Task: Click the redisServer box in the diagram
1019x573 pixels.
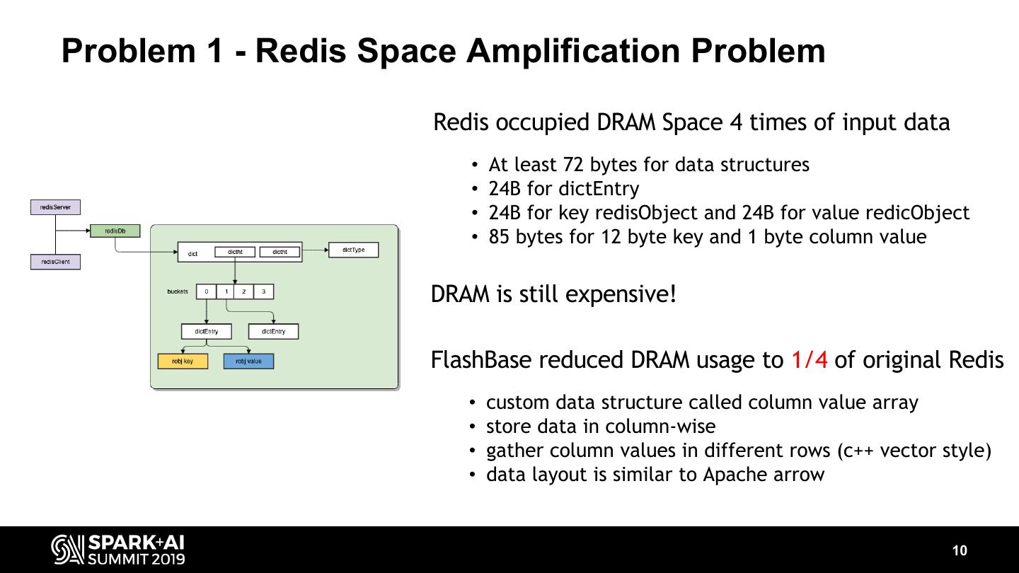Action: (x=55, y=207)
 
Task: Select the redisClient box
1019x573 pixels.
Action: (x=55, y=262)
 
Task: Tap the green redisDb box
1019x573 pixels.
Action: (x=115, y=231)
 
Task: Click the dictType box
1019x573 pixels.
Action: (x=353, y=250)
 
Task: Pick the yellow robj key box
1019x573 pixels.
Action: (x=183, y=361)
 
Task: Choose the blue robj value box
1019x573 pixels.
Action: (x=248, y=361)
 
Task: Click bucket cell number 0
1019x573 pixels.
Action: (x=206, y=291)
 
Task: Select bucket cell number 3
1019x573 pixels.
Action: (x=263, y=291)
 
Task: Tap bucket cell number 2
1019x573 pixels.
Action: (x=244, y=291)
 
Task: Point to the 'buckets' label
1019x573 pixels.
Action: (x=178, y=291)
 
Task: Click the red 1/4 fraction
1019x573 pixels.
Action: (x=809, y=360)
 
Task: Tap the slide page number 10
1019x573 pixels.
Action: (x=960, y=551)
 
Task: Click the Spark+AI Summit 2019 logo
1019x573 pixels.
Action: (x=118, y=550)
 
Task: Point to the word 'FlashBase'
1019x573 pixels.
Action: (x=481, y=360)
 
